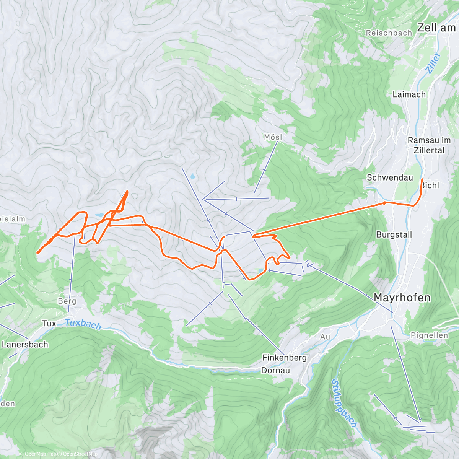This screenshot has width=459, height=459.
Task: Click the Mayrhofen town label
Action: click(402, 298)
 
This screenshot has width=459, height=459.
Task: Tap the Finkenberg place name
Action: click(284, 358)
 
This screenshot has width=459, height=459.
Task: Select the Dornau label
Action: click(275, 370)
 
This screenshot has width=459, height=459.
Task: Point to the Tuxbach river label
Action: click(83, 324)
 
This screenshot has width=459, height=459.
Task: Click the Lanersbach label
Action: click(25, 345)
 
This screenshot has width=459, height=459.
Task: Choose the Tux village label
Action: click(49, 324)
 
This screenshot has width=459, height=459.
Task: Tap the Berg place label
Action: click(67, 301)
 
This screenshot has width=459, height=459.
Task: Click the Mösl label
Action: click(273, 137)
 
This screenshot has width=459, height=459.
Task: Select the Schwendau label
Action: click(390, 177)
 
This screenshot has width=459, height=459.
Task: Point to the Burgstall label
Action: click(394, 234)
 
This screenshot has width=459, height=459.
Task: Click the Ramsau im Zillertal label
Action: click(429, 145)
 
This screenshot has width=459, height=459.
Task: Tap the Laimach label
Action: click(409, 94)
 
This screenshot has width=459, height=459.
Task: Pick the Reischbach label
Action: click(389, 33)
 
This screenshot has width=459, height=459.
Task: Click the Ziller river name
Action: click(433, 63)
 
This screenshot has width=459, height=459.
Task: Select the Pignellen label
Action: click(429, 335)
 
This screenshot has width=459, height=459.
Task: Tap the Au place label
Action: click(325, 337)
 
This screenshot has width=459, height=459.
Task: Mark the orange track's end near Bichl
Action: click(422, 179)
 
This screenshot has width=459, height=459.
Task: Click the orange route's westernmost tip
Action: click(38, 252)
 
